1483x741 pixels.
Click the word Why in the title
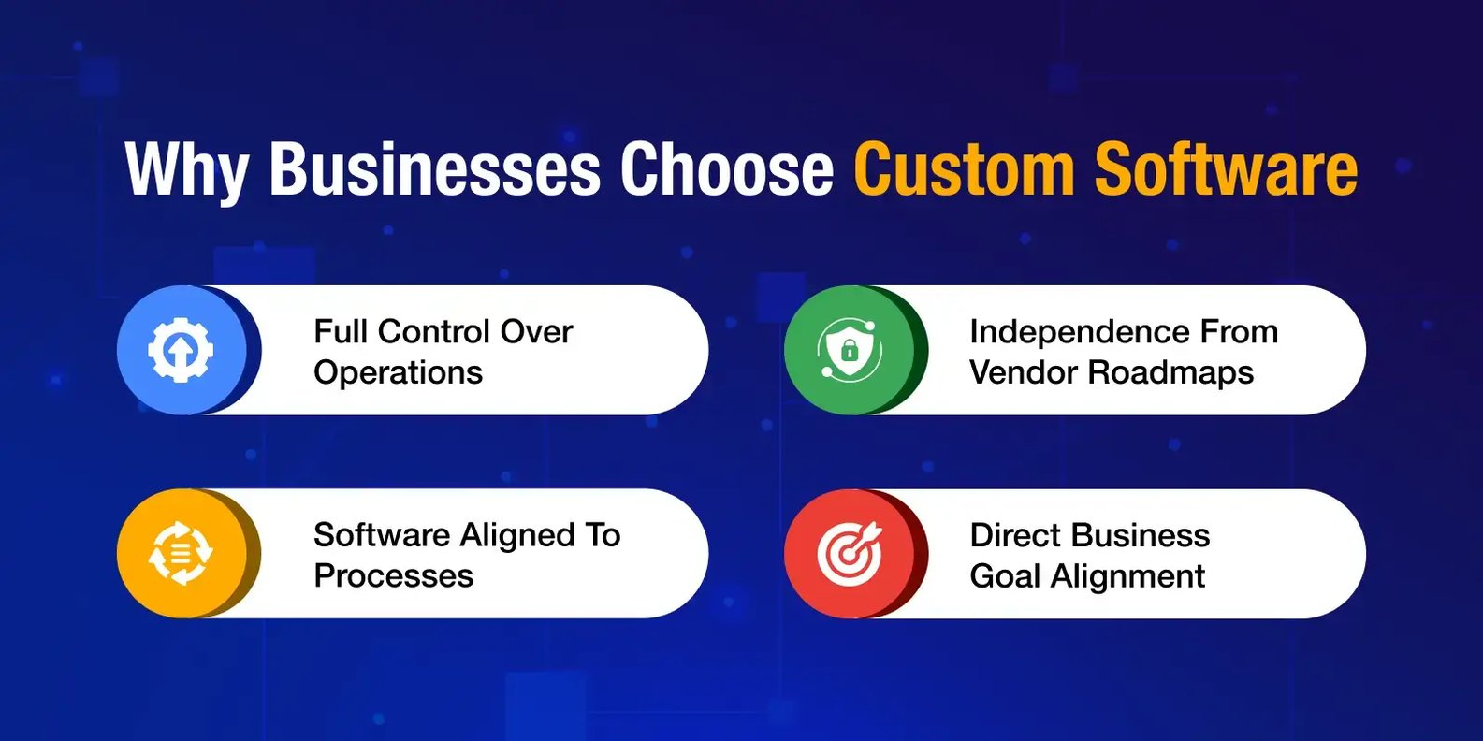(x=187, y=170)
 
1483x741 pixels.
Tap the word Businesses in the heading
(x=434, y=168)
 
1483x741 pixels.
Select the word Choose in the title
(x=726, y=168)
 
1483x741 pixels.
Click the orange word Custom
(x=964, y=168)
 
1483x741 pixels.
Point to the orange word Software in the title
(x=1226, y=168)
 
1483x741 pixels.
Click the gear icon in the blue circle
(x=181, y=350)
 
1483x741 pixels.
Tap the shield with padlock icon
(x=849, y=350)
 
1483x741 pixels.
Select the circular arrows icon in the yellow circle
(x=181, y=554)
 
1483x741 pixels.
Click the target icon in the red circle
(x=850, y=554)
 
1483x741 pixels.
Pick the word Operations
(x=399, y=372)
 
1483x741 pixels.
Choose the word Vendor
(x=1024, y=372)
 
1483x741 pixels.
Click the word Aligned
(x=517, y=536)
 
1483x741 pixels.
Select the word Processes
(x=394, y=576)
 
